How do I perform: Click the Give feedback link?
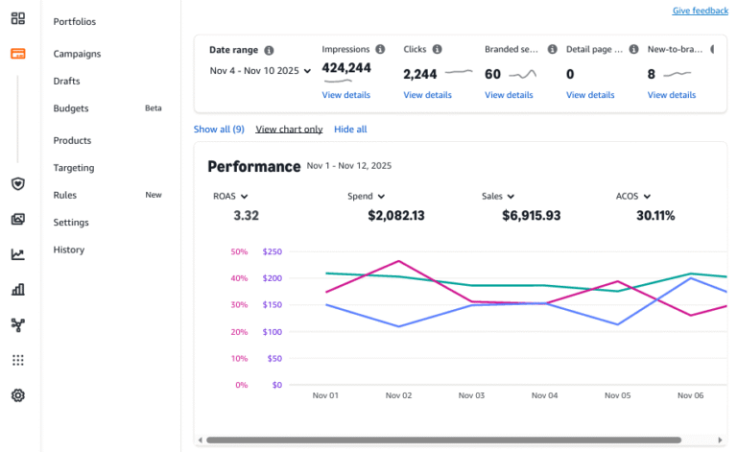click(700, 11)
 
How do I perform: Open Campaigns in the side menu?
click(77, 54)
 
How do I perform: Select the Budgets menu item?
click(72, 108)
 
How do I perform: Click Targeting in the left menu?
click(74, 168)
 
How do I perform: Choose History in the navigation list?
click(69, 250)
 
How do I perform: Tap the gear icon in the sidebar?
click(17, 395)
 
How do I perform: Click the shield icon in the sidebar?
click(17, 183)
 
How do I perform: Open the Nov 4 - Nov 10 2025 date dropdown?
click(260, 70)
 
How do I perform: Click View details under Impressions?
click(345, 95)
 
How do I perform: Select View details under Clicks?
click(427, 95)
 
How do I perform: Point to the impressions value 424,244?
click(346, 67)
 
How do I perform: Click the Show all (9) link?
click(219, 129)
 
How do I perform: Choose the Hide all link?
click(350, 129)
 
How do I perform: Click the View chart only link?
click(289, 129)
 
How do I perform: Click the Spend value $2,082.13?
click(395, 215)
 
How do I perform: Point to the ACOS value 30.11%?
click(655, 215)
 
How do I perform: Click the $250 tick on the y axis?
click(272, 251)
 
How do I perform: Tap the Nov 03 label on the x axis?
click(472, 394)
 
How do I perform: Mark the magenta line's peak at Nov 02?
click(398, 260)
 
